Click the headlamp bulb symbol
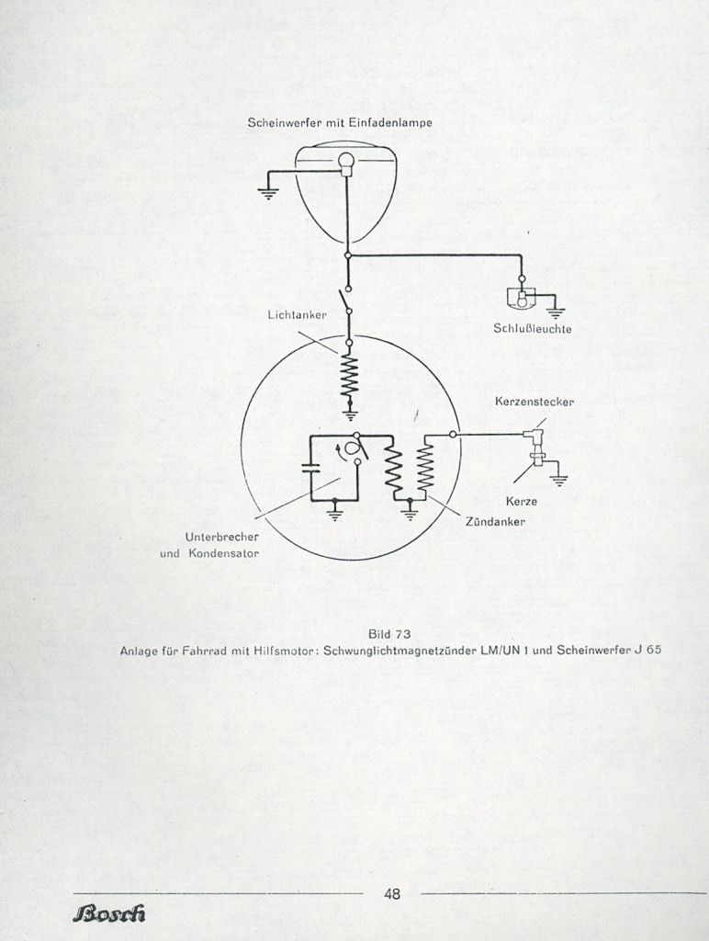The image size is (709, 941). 346,162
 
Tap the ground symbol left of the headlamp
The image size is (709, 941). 267,193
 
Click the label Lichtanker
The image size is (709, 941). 298,315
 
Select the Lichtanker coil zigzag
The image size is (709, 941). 349,376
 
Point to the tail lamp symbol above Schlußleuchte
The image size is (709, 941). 522,297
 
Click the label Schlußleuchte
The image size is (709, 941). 533,329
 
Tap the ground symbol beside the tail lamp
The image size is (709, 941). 556,312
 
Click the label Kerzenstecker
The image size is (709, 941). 535,402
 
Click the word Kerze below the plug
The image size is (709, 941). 522,501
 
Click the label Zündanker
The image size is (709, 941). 495,522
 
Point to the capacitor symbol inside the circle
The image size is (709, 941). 310,468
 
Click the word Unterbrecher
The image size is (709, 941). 222,537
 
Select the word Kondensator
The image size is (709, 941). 224,553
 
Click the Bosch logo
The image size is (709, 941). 109,913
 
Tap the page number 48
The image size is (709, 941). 391,894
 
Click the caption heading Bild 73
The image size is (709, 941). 390,634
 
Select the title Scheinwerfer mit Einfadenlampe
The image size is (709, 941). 340,122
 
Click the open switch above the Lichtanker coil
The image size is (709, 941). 346,300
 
